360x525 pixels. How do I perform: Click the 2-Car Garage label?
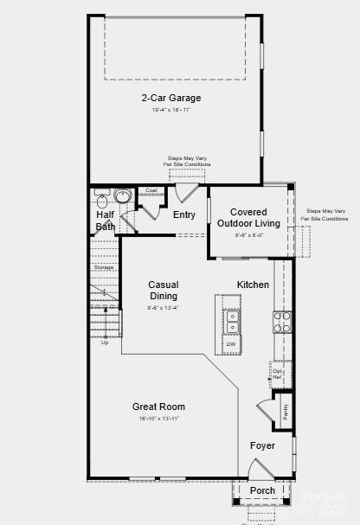click(171, 98)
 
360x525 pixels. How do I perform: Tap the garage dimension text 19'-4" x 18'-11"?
click(171, 110)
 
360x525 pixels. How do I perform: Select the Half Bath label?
click(106, 221)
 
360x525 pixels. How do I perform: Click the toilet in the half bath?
click(122, 196)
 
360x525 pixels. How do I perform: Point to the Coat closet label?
click(151, 190)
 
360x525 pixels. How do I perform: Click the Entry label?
click(184, 215)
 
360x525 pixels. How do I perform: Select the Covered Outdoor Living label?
click(248, 218)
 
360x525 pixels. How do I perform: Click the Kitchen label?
click(254, 285)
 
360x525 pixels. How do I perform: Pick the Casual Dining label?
click(163, 291)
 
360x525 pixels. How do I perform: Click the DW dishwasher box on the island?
click(231, 344)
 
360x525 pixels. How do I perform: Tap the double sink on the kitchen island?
click(232, 322)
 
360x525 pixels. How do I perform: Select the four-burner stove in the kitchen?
click(282, 322)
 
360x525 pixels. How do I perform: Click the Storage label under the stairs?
click(103, 267)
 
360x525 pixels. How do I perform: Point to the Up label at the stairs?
click(105, 343)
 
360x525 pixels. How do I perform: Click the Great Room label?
click(158, 407)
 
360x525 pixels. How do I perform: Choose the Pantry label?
click(285, 412)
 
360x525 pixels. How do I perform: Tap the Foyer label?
click(262, 446)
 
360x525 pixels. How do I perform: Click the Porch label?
click(262, 490)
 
